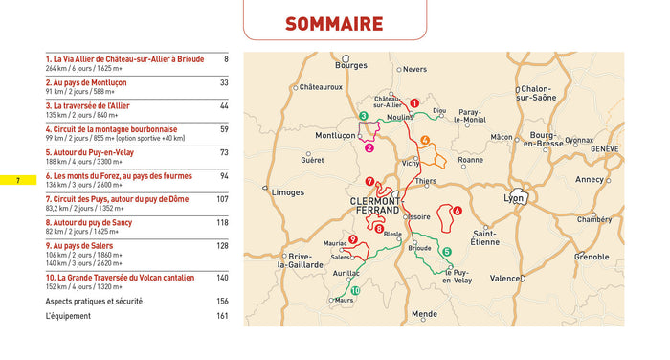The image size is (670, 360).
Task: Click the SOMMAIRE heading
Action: (334, 24)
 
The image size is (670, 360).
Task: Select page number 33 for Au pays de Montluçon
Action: (223, 82)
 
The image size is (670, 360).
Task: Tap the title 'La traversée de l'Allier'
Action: (86, 106)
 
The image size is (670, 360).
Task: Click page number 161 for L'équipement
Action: (222, 316)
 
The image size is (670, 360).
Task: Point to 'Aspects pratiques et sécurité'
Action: (94, 301)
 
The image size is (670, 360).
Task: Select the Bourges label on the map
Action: (350, 66)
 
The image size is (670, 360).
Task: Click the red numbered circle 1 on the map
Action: (414, 102)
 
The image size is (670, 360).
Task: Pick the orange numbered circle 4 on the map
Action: (424, 141)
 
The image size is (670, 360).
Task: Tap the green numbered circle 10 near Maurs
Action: (355, 291)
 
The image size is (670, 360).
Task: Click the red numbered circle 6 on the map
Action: (457, 211)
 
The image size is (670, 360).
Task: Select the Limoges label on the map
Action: (288, 192)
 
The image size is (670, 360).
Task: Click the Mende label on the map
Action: (424, 313)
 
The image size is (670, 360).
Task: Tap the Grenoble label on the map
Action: (591, 257)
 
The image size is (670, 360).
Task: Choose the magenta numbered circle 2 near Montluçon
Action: (368, 147)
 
